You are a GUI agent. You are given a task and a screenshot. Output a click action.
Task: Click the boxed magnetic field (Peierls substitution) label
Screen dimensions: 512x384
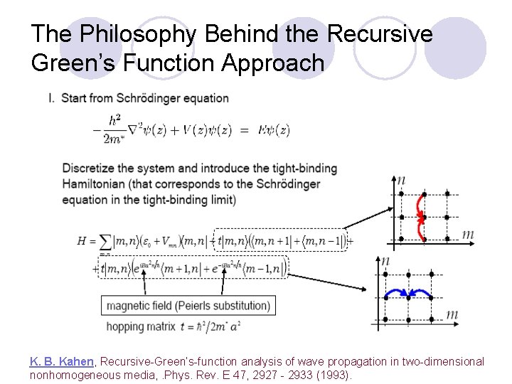click(x=188, y=306)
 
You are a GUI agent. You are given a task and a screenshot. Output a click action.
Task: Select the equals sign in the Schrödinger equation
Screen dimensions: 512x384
click(x=244, y=130)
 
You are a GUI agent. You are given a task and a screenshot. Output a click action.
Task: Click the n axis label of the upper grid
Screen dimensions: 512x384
click(x=402, y=181)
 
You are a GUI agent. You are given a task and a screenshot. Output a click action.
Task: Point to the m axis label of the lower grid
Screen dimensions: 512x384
click(x=451, y=314)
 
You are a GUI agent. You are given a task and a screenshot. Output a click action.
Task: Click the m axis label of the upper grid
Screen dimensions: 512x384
click(x=468, y=234)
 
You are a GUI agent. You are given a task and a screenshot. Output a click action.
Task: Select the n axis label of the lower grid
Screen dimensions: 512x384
click(x=385, y=261)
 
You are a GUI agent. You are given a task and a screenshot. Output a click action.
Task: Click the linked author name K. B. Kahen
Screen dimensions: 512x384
click(x=62, y=362)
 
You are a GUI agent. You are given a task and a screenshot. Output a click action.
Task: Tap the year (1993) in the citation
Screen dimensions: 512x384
click(x=334, y=375)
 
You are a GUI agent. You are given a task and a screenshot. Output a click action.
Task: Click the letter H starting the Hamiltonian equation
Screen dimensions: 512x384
click(x=82, y=241)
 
